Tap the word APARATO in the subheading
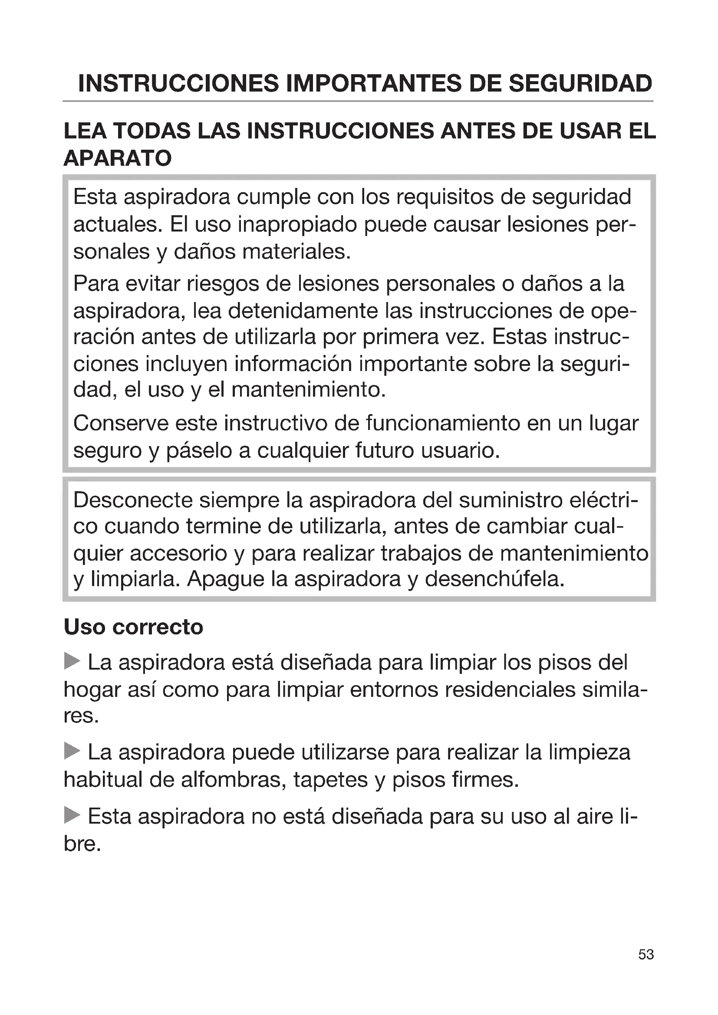coord(118,158)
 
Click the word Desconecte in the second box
coord(133,500)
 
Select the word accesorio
coord(178,553)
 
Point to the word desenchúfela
coord(494,579)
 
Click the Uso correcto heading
coord(133,627)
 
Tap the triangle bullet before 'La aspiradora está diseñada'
coord(72,662)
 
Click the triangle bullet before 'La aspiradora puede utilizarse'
coord(72,751)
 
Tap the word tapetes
coord(330,779)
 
